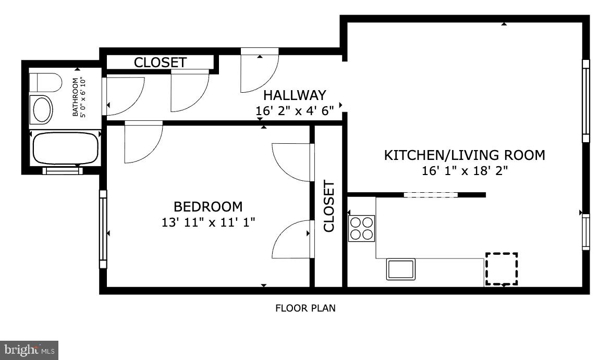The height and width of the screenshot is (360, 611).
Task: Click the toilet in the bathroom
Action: [x=45, y=82]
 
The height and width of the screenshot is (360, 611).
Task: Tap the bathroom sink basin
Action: [x=42, y=109]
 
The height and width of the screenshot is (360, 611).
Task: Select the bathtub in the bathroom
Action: [x=65, y=148]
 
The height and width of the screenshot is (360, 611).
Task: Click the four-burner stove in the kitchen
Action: [x=361, y=228]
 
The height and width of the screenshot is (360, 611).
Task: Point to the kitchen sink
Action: [x=400, y=269]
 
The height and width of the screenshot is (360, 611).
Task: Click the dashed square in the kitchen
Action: [x=502, y=269]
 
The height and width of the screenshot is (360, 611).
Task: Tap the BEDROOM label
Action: [x=208, y=207]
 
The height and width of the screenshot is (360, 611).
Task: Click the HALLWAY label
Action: [x=295, y=95]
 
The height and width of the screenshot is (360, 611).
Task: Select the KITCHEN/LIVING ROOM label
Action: [x=465, y=155]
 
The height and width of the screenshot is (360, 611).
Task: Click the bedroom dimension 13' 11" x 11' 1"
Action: [x=208, y=222]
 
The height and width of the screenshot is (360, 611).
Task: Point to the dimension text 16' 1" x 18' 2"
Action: [x=465, y=170]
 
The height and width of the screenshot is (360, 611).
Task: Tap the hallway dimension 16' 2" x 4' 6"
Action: [x=295, y=110]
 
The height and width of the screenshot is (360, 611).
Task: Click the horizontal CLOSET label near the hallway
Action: [x=160, y=63]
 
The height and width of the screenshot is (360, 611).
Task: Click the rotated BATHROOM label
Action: [x=78, y=97]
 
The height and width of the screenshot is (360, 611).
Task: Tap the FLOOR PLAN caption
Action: [x=305, y=308]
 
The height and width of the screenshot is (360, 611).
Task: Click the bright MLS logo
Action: [x=29, y=350]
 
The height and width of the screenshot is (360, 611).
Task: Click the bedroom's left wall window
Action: [x=103, y=229]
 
